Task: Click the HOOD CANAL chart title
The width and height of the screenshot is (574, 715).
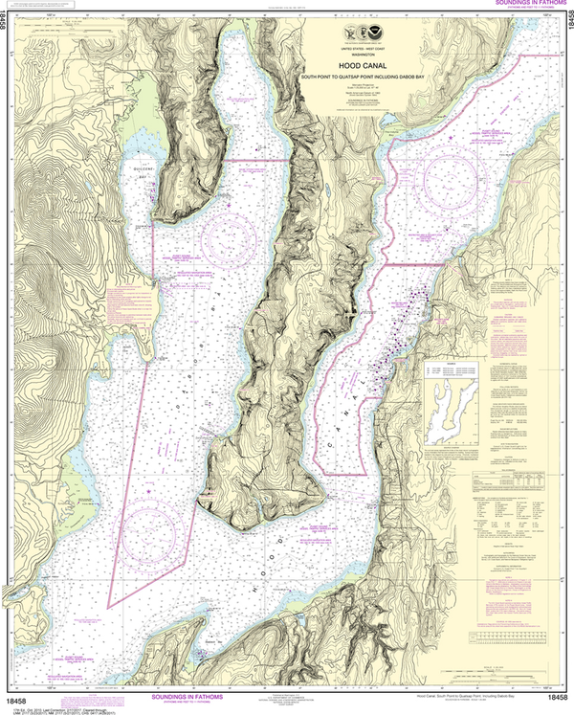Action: point(361,66)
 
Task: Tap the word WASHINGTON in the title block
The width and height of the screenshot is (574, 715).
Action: point(361,56)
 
